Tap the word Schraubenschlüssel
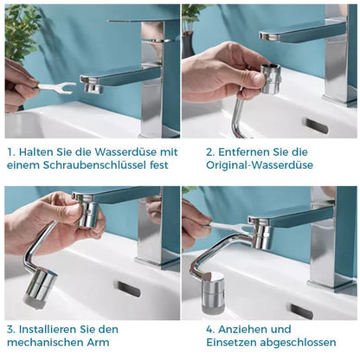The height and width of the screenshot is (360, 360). [95, 165]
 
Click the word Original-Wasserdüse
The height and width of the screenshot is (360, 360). [260, 165]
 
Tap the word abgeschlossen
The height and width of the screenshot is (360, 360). [298, 343]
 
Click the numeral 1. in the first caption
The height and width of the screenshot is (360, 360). [11, 152]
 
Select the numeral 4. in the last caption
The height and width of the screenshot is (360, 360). [210, 329]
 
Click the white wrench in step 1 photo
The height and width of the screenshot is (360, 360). [56, 87]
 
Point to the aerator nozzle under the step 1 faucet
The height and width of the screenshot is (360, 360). [92, 87]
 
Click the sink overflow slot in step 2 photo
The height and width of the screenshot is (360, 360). [317, 126]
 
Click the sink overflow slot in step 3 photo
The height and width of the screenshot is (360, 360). [129, 289]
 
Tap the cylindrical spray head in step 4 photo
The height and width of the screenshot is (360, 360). [213, 292]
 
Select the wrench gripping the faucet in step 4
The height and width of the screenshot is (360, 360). [231, 227]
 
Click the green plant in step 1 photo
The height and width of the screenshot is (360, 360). [21, 32]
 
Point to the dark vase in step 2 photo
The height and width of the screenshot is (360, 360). [188, 45]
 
